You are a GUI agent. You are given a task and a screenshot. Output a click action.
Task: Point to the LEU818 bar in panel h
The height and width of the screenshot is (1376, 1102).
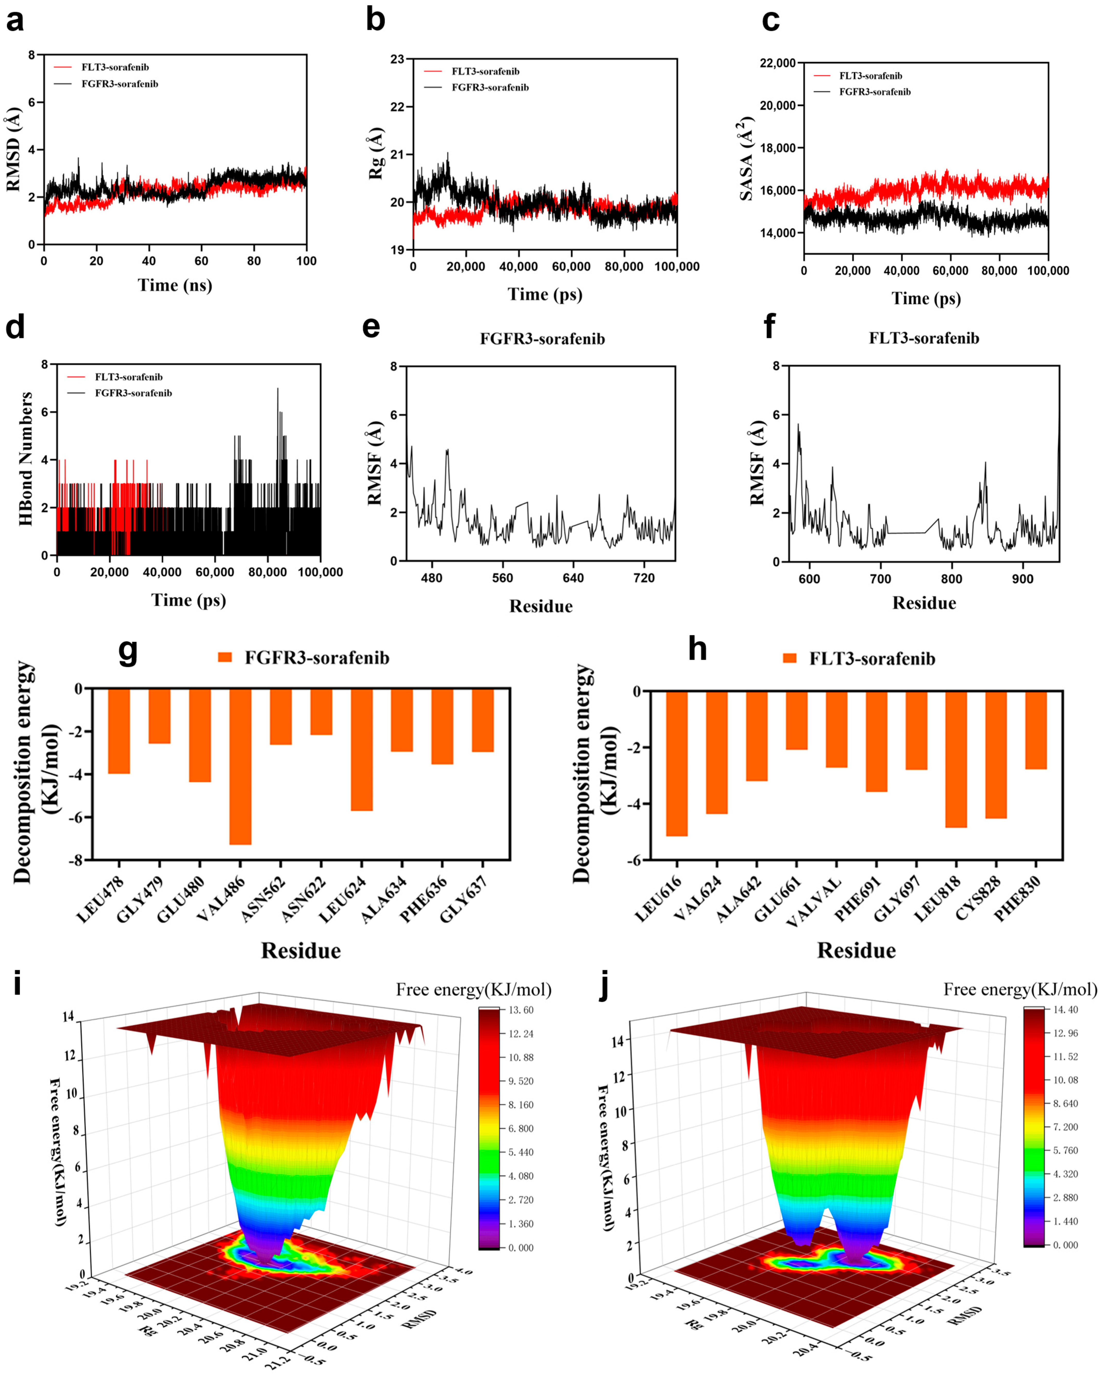click(956, 760)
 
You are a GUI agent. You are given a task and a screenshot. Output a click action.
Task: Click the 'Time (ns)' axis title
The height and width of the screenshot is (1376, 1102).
click(175, 285)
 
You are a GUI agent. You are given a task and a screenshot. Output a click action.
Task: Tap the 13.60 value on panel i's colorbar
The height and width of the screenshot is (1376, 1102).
click(521, 1010)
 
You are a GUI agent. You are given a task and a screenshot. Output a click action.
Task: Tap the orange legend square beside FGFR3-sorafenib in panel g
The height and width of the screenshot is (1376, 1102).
click(225, 657)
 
